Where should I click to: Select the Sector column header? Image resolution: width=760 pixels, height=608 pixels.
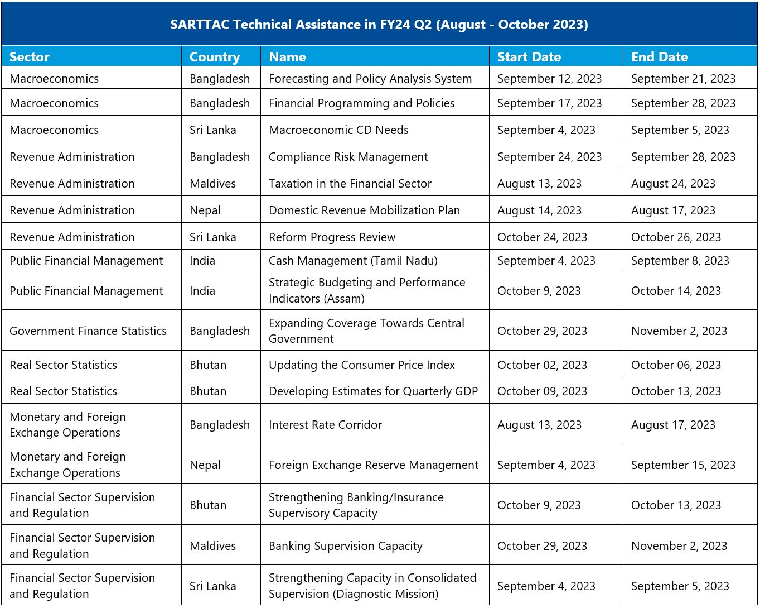point(30,57)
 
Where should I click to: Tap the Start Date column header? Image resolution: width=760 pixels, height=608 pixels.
point(529,57)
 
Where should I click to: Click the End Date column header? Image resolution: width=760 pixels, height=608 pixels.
point(659,57)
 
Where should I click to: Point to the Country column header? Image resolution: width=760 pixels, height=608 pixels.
point(215,58)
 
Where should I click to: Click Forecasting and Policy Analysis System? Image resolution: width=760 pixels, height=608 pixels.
point(370,79)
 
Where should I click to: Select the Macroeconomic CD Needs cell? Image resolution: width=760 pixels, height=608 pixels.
point(338,130)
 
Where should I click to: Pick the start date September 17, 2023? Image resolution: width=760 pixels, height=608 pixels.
point(549,103)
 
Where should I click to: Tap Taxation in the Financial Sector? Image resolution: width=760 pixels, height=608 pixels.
point(350,184)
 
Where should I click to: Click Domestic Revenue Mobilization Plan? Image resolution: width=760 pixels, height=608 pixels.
point(364,210)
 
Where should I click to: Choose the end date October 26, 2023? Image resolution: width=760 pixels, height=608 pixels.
point(676,237)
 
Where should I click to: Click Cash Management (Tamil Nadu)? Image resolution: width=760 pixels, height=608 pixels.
point(353,261)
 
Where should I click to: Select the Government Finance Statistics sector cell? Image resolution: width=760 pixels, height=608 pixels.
point(88,331)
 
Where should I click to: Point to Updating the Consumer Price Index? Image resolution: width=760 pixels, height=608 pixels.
point(362,365)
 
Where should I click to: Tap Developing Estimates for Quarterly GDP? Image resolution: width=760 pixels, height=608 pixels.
point(373,391)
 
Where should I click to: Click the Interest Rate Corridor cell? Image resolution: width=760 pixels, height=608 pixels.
point(325,424)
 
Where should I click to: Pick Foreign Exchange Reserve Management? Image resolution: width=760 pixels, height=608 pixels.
point(373,465)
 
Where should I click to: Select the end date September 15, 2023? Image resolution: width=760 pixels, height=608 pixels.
point(683,465)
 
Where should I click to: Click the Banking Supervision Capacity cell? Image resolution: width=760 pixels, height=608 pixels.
point(345,546)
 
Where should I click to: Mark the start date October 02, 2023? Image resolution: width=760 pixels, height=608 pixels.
point(542,365)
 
